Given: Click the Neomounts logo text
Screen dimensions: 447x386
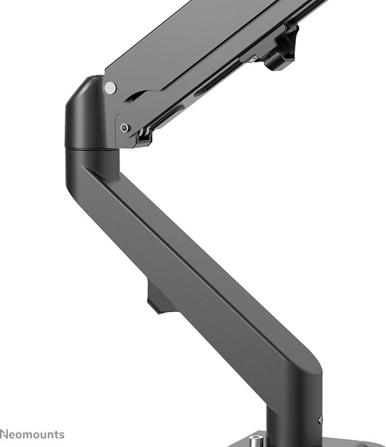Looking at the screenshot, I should tap(32, 434).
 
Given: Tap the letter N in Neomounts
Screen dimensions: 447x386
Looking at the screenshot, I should tap(4, 434).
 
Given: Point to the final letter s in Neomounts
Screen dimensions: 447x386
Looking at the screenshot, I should tap(61, 435).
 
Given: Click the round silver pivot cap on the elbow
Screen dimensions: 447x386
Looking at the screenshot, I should tap(111, 87).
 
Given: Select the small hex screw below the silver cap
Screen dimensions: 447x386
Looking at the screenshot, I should tap(125, 128).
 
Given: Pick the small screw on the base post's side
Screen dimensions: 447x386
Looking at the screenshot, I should tap(320, 420).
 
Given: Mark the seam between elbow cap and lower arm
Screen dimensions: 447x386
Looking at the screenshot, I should tap(92, 149).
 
